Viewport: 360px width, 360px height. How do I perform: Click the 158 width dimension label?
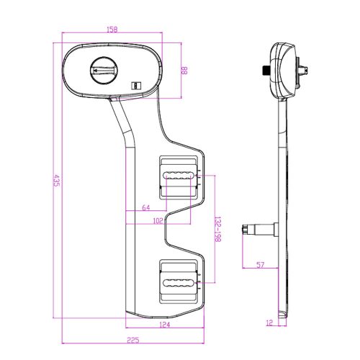point(112,30)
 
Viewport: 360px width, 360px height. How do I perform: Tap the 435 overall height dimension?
point(56,181)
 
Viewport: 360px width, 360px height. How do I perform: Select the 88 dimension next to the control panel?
point(184,71)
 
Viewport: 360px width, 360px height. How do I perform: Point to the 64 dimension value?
point(146,207)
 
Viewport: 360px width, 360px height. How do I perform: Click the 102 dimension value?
point(158,221)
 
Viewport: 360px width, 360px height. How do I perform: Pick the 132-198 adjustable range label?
point(217,229)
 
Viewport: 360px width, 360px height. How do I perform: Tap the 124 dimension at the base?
point(165,325)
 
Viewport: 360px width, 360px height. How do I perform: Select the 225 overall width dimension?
point(133,340)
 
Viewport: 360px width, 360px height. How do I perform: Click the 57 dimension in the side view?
point(261,265)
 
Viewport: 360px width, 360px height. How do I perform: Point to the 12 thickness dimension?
point(270,323)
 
